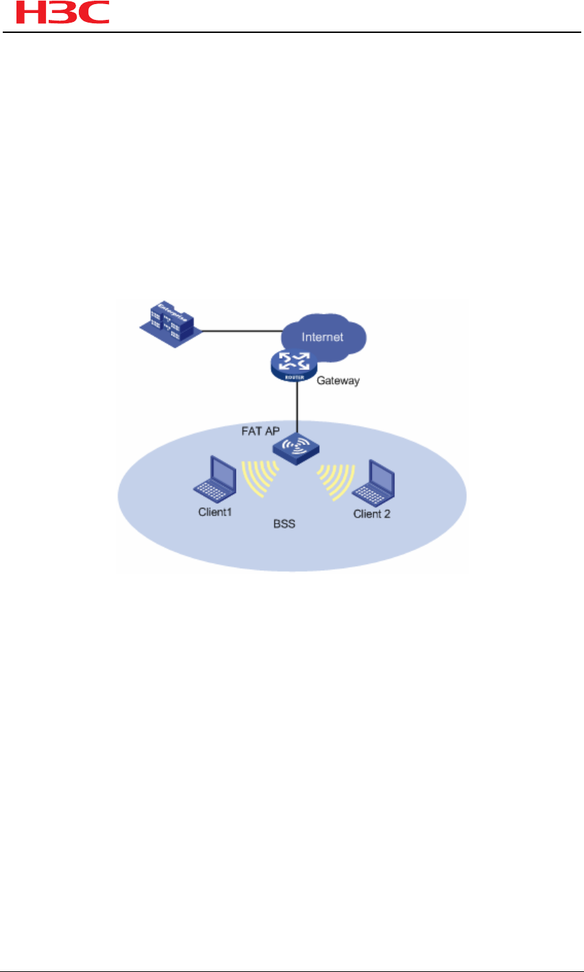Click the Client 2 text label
pyautogui.click(x=372, y=513)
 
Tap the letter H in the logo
pyautogui.click(x=21, y=13)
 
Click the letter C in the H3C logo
pyautogui.click(x=93, y=13)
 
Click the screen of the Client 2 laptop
pyautogui.click(x=379, y=473)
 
